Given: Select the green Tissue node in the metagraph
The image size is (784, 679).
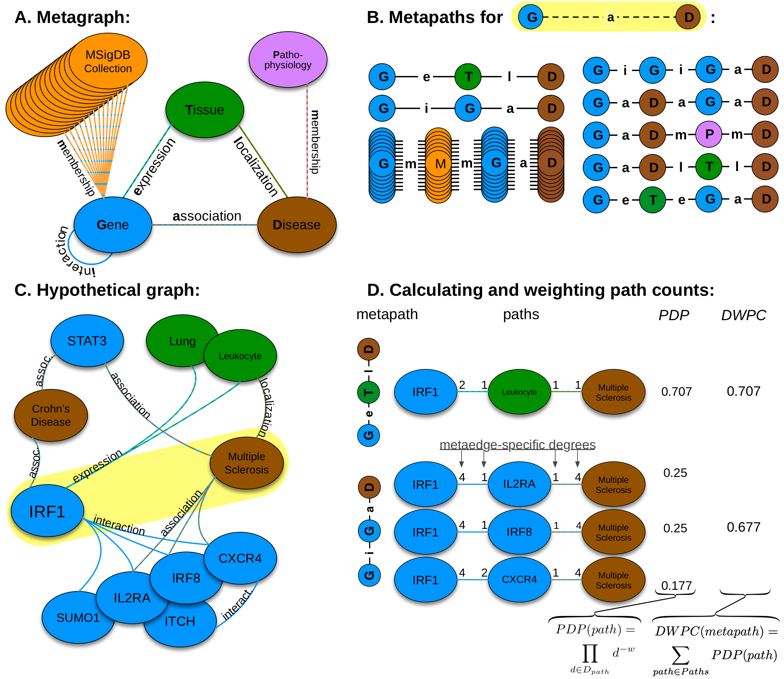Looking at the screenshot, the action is point(205,109).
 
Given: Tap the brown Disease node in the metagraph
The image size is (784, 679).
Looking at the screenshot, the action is point(297,225).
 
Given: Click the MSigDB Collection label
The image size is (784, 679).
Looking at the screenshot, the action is point(108,61).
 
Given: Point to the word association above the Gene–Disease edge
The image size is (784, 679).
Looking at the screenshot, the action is point(207,216).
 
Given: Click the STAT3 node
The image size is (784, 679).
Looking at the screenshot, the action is point(87,341).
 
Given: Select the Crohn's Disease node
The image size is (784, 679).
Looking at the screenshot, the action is point(51,415).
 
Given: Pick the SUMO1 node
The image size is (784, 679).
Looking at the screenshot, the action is point(78,618).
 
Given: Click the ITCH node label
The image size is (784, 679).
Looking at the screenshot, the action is point(180,622).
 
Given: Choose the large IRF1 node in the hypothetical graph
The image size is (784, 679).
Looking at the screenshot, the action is point(47,511).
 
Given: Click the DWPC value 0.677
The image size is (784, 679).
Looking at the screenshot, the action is point(744,527).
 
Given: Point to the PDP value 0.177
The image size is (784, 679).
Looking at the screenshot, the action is point(676,586).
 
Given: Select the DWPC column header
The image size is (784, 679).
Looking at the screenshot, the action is point(744,315).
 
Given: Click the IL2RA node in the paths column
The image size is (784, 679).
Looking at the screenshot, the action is point(519,484).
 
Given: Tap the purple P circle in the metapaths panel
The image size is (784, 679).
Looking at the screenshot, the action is point(709,134).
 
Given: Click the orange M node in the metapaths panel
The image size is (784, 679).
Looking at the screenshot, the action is point(439,164).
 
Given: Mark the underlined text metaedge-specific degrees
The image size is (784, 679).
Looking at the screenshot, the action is point(517,445).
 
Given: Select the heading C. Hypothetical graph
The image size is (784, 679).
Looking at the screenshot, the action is point(107,290).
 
